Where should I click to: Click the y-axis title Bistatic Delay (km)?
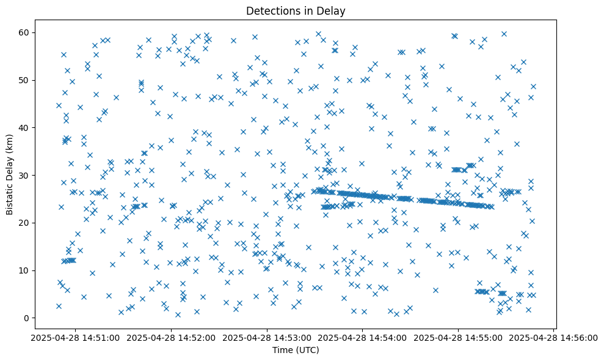[x=10, y=174]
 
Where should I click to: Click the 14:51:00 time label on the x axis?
[x=75, y=338]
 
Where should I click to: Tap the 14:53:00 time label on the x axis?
[x=267, y=338]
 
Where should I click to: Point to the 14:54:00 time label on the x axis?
[x=363, y=338]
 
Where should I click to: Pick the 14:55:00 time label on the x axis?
[x=459, y=338]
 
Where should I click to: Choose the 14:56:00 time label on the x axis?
[x=555, y=338]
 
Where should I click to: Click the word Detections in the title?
[x=275, y=11]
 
